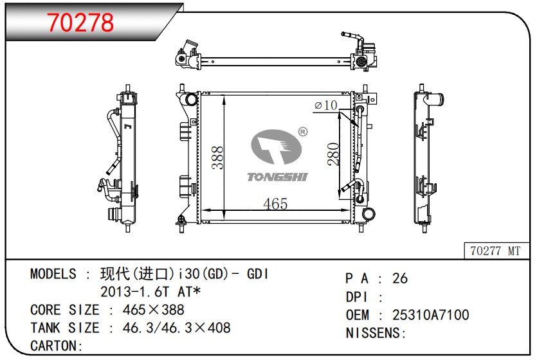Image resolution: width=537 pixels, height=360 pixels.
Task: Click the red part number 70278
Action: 81,22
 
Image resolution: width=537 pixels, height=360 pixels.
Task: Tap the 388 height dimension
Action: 218,157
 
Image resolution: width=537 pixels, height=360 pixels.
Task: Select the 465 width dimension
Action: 275,204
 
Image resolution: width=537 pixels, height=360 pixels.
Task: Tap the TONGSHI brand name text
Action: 277,177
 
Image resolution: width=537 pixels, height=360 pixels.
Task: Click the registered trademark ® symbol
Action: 303,132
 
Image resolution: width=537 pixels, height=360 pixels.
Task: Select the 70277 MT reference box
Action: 495,251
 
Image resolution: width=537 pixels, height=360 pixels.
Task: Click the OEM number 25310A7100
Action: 431,315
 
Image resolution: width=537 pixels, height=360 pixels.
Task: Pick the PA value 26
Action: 400,278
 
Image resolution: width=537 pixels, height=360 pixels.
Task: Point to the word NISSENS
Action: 374,333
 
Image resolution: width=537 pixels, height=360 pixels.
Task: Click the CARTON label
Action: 54,346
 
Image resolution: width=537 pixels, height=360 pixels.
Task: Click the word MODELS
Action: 53,274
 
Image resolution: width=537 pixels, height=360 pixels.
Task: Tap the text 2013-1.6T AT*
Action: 150,292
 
